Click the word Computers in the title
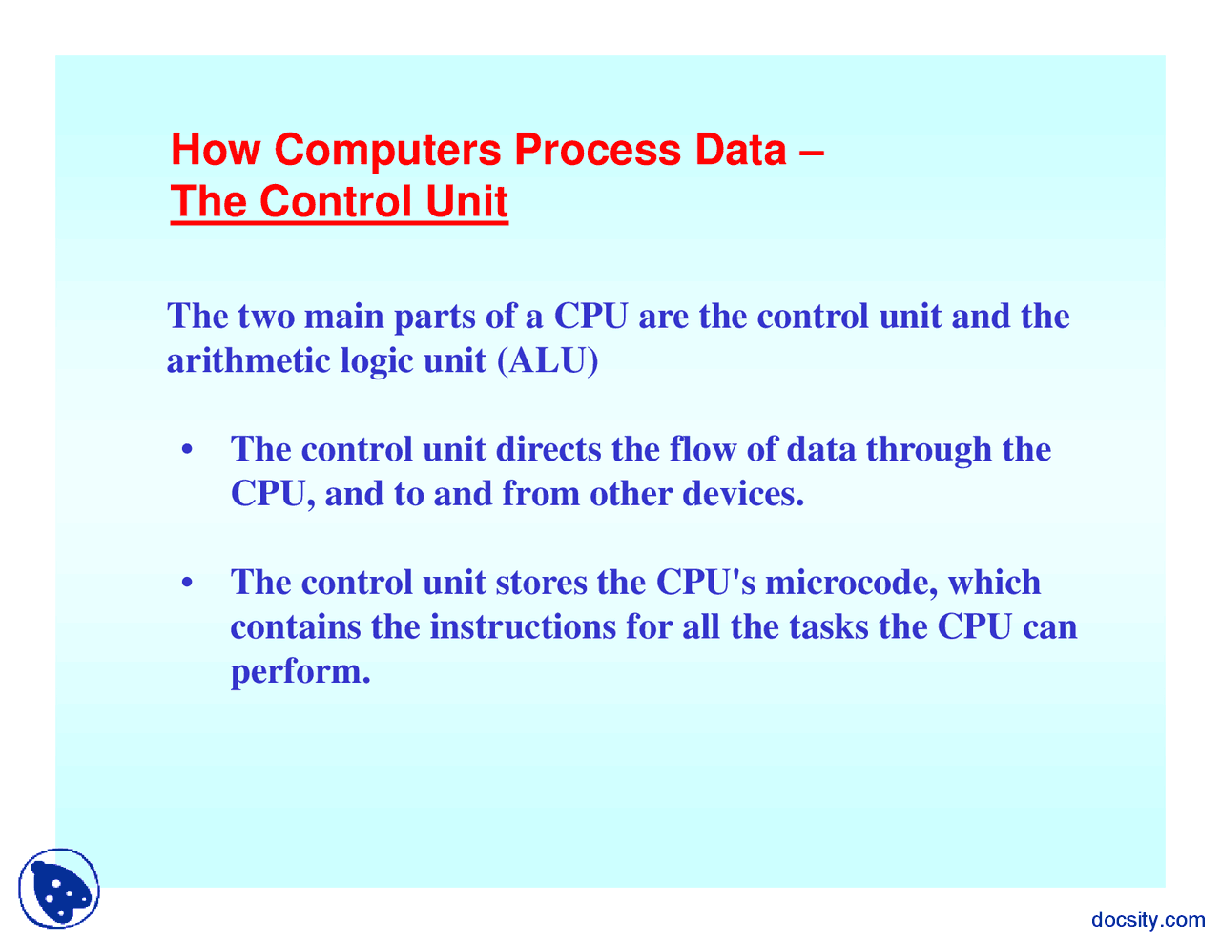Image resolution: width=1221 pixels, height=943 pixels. point(387,152)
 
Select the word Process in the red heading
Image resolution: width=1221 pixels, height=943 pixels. point(598,150)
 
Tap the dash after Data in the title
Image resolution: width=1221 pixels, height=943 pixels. point(812,152)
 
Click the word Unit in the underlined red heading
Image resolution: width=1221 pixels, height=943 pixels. point(466,200)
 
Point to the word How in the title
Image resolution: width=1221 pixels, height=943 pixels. point(216,150)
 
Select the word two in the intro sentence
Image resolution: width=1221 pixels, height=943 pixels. point(266,317)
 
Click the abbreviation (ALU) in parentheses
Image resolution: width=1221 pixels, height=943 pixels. point(548,360)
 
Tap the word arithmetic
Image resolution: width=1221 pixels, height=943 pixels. point(248,360)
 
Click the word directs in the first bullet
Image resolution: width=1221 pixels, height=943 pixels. point(548,449)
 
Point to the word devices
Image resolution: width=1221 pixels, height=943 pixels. point(743,494)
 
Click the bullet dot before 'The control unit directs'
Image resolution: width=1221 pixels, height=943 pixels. point(187,450)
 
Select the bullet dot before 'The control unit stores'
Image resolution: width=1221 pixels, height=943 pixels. point(187,583)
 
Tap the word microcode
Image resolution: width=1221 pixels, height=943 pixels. point(851,583)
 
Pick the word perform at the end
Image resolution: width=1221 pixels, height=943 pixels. point(300,672)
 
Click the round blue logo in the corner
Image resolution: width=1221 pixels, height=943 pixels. point(59,888)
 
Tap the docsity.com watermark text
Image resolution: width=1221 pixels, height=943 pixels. point(1148,919)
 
